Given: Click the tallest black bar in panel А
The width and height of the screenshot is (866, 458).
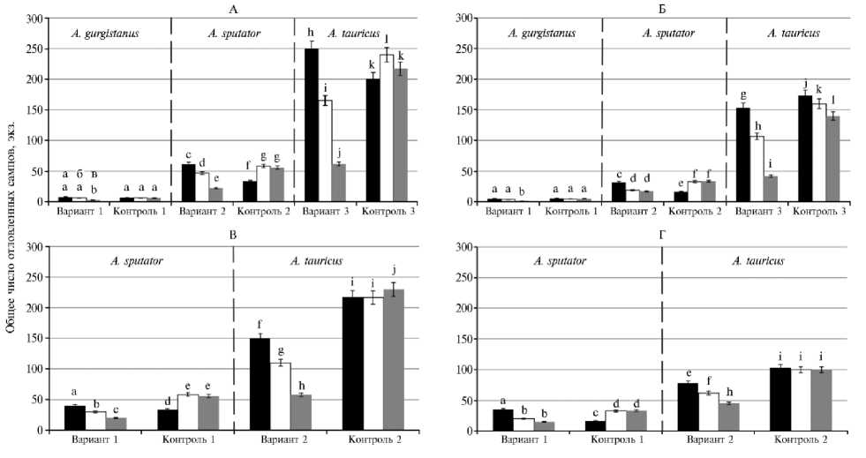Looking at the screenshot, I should pos(311,124).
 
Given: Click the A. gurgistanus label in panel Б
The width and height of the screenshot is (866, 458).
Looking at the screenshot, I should pos(541,34).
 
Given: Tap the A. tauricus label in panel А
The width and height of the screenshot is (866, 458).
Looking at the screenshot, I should pos(352,34).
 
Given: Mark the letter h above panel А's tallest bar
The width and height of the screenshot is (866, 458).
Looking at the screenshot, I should pos(311,33).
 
